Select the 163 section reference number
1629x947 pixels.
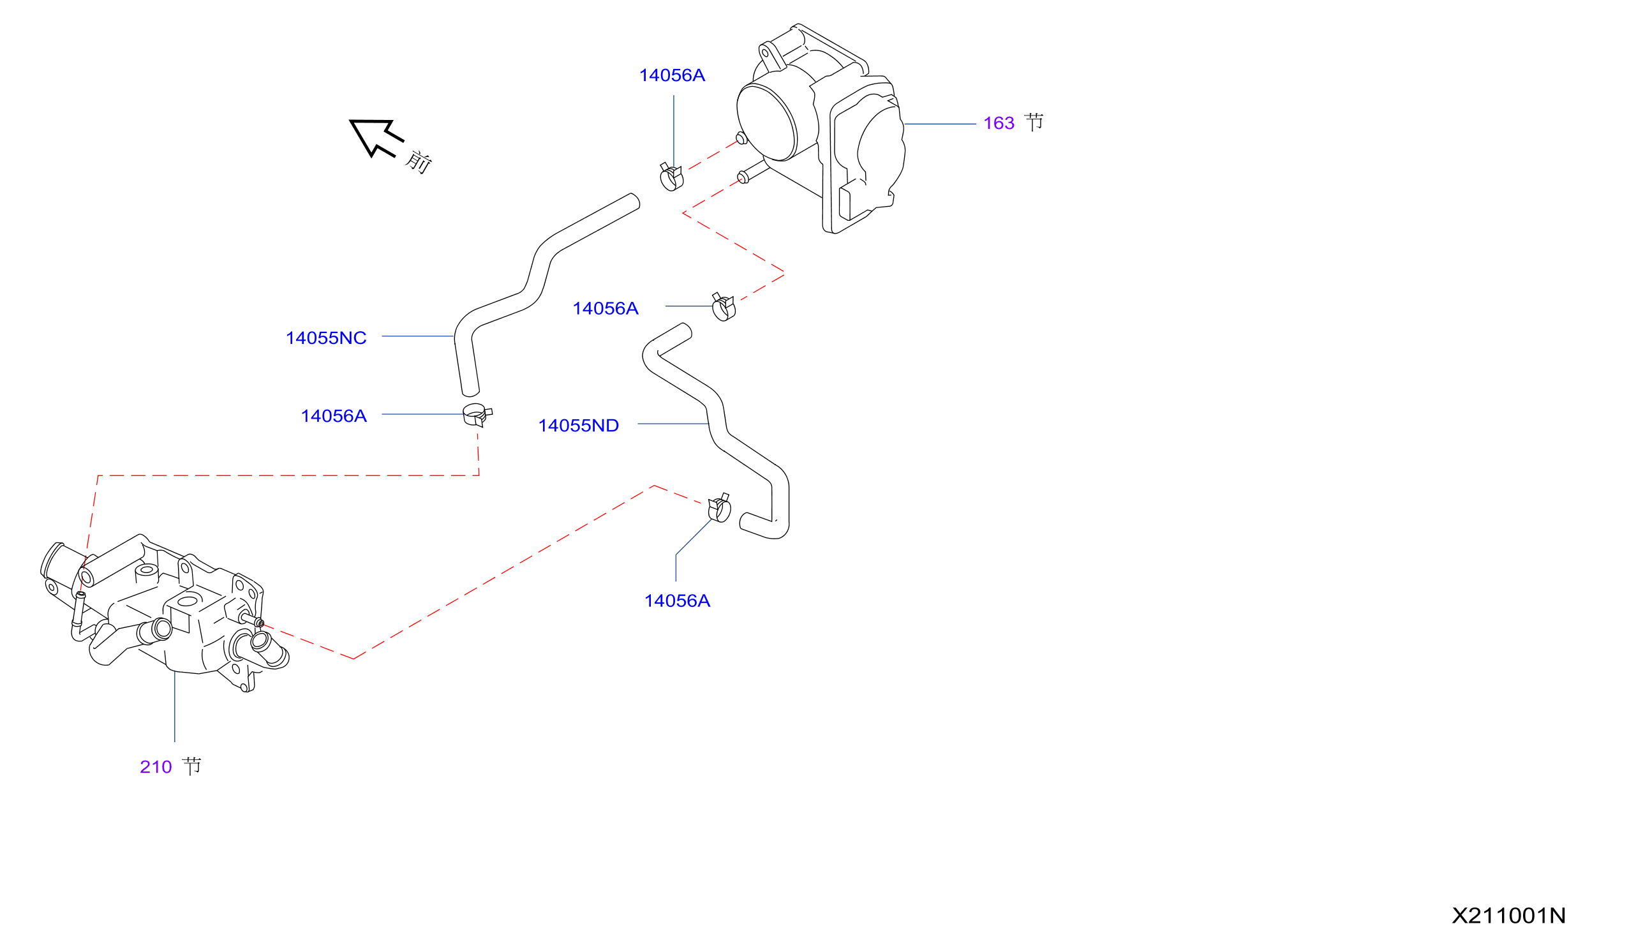pos(999,123)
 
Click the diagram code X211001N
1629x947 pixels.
pos(1509,916)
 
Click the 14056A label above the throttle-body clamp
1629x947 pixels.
pos(673,76)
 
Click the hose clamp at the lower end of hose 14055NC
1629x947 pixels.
pos(477,414)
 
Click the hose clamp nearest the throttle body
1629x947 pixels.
pos(671,177)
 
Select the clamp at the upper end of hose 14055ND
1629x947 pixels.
pos(723,308)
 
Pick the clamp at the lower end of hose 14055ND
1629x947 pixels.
pos(720,508)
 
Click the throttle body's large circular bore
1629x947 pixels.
pos(767,122)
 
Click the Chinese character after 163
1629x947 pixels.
pos(1034,121)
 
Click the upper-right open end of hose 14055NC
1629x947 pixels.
pos(635,201)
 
